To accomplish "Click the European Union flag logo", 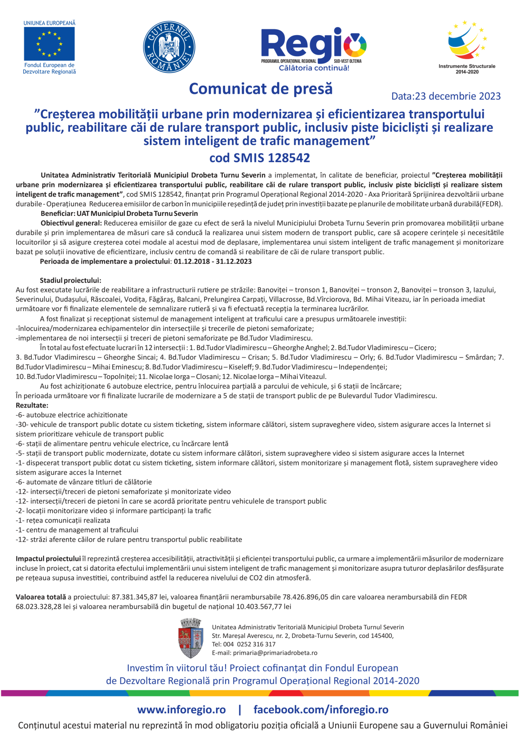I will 49,44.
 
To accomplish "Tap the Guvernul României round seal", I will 169,47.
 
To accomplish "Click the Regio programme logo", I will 313,46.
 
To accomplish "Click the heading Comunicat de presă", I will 261,89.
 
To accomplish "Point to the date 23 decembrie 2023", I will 457,96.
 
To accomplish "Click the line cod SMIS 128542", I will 260,158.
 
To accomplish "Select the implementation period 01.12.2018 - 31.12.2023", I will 213,262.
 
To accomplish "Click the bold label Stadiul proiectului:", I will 70,281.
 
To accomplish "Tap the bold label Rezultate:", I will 32,405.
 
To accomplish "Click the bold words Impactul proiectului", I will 48,559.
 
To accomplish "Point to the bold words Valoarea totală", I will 41,597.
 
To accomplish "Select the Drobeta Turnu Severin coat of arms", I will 191,638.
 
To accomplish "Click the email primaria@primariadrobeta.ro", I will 275,653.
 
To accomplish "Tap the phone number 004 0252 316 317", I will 249,644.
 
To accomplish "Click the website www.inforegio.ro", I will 181,710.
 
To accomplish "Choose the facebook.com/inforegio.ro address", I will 321,710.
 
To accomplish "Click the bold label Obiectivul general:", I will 71,223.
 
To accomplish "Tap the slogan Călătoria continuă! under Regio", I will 314,68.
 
